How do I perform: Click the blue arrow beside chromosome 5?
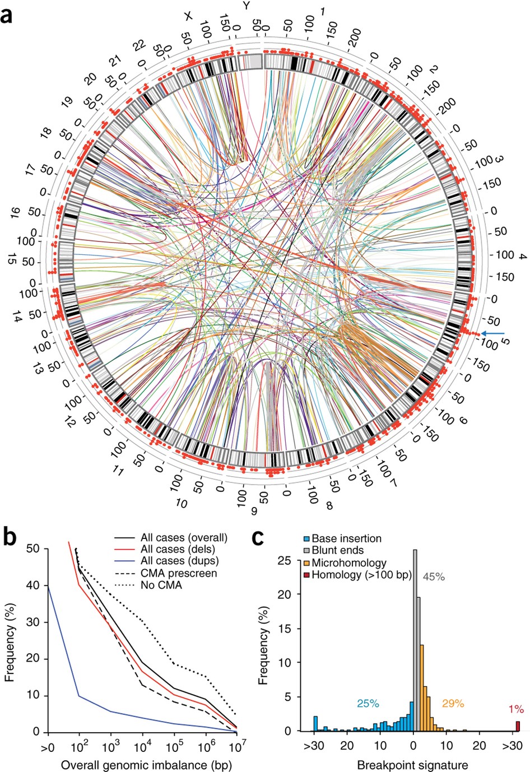click(494, 334)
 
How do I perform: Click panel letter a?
click(8, 13)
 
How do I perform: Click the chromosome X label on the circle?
click(188, 17)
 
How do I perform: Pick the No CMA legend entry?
click(161, 585)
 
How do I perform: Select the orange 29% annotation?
click(453, 703)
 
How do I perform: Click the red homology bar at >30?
click(518, 726)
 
